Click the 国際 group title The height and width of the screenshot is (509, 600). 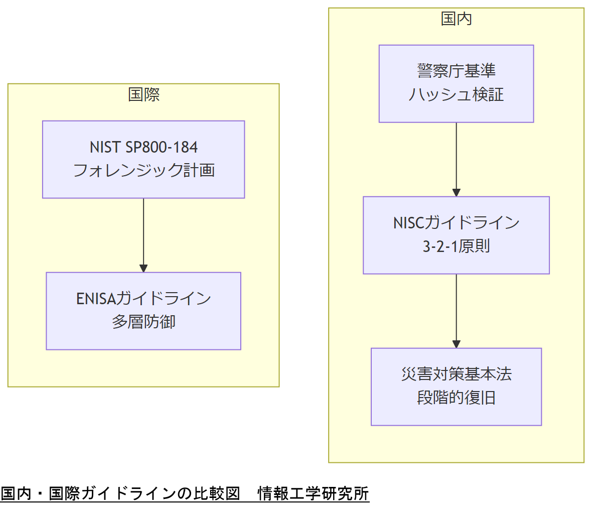coord(143,94)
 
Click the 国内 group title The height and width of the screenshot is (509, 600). coord(456,19)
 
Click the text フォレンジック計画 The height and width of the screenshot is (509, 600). coord(143,171)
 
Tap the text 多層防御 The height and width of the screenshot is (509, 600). coord(143,322)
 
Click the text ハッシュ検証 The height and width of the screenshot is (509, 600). coord(456,95)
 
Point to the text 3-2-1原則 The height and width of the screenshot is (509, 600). coord(456,246)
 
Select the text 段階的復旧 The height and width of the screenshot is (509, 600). coord(456,398)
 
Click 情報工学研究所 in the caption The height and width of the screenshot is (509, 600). coord(313,493)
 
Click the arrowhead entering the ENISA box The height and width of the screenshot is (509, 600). coord(143,268)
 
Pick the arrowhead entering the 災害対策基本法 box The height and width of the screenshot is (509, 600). coord(456,344)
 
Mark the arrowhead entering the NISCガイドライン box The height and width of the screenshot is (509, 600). coord(456,192)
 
